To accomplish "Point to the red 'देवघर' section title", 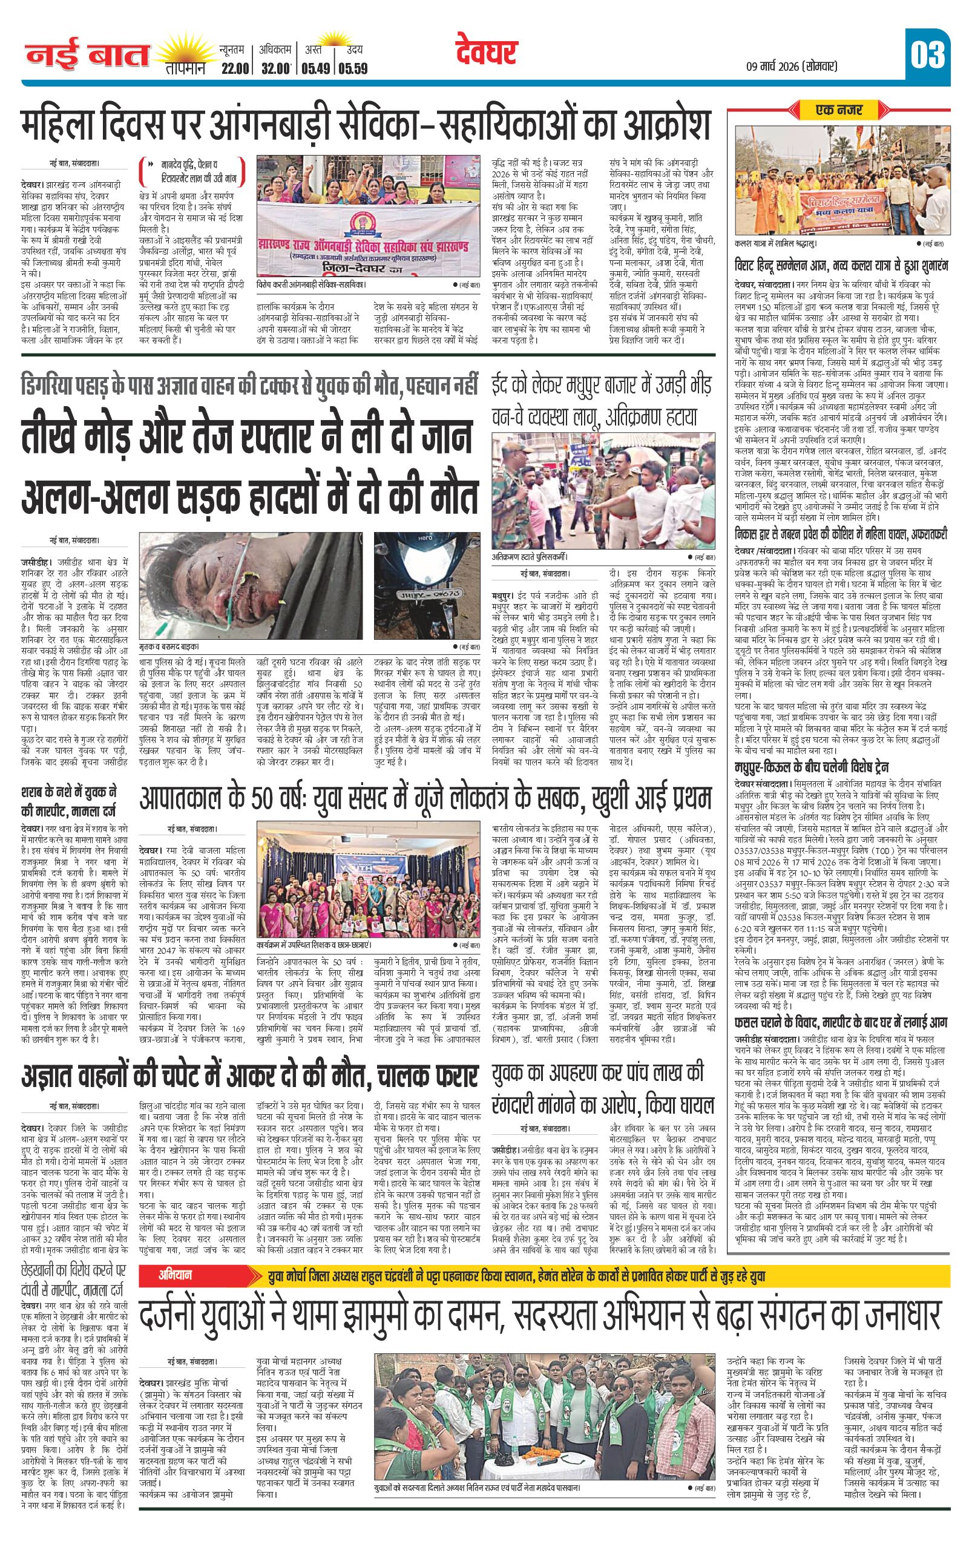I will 487,53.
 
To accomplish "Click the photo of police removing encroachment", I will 603,489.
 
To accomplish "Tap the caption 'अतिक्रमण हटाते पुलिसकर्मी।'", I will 530,557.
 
